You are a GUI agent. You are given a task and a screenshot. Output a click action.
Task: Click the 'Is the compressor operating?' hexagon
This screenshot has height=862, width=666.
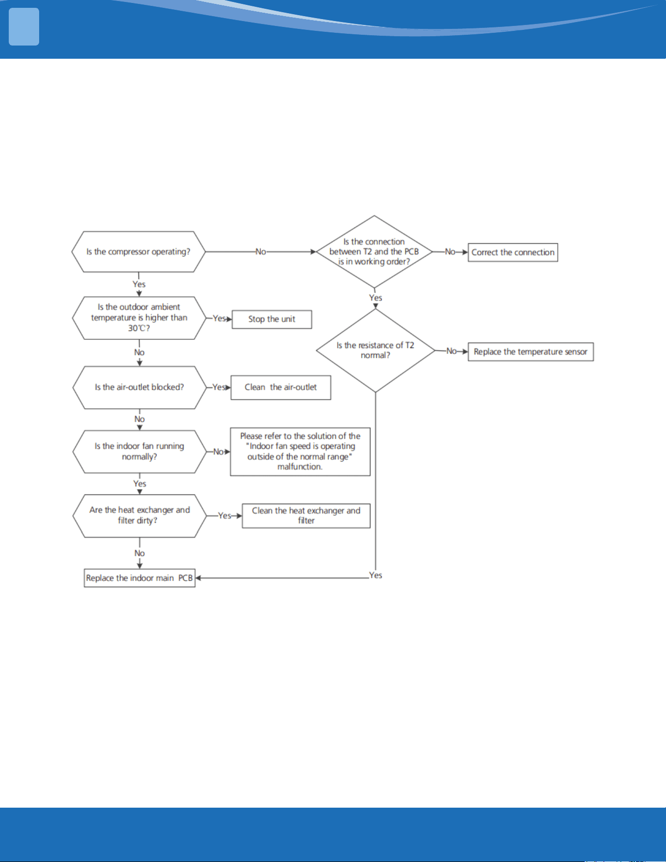pyautogui.click(x=138, y=252)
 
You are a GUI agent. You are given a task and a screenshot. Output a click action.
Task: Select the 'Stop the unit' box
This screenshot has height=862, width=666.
pyautogui.click(x=272, y=319)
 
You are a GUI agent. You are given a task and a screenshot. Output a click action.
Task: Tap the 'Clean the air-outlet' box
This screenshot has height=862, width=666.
pyautogui.click(x=281, y=387)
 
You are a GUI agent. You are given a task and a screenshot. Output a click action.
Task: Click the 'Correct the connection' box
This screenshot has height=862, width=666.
pyautogui.click(x=513, y=253)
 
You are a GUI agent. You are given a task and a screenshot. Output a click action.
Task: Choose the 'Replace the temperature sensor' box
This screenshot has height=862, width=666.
pyautogui.click(x=530, y=352)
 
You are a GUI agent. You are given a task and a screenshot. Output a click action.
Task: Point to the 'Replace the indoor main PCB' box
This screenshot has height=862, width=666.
pyautogui.click(x=139, y=578)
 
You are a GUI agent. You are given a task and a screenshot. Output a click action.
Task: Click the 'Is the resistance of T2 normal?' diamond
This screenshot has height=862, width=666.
pyautogui.click(x=375, y=350)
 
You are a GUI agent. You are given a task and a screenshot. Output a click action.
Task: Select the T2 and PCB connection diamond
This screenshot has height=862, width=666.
pyautogui.click(x=374, y=252)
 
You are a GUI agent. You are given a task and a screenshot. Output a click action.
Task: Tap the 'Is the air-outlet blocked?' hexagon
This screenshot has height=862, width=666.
pyautogui.click(x=139, y=387)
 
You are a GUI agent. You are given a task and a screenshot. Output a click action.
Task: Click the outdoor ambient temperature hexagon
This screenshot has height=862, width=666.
pyautogui.click(x=139, y=318)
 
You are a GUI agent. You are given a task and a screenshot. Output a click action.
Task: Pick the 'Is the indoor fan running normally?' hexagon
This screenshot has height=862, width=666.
pyautogui.click(x=139, y=451)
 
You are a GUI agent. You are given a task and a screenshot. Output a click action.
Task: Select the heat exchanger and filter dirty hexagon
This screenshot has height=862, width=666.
pyautogui.click(x=139, y=515)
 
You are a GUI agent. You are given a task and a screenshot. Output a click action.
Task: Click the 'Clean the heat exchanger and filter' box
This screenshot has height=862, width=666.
pyautogui.click(x=306, y=515)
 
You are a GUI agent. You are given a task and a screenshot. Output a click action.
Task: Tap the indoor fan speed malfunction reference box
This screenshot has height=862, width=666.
pyautogui.click(x=300, y=451)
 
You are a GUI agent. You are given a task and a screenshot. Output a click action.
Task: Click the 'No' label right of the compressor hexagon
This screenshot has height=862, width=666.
pyautogui.click(x=261, y=252)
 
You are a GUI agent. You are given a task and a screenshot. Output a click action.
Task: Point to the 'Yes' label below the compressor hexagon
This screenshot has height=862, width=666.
pyautogui.click(x=139, y=284)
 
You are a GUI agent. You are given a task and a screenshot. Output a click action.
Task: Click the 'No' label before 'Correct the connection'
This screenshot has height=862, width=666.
pyautogui.click(x=450, y=252)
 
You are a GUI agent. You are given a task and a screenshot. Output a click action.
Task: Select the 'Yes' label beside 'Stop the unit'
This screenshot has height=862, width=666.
pyautogui.click(x=219, y=318)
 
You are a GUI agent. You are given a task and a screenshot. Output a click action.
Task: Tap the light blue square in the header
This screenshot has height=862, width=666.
pyautogui.click(x=24, y=27)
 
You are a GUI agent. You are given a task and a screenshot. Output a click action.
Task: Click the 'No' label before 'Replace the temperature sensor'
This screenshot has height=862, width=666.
pyautogui.click(x=451, y=351)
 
